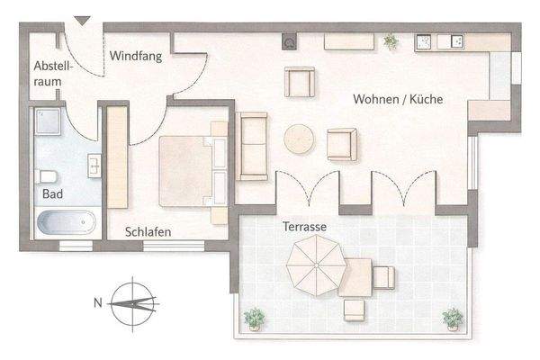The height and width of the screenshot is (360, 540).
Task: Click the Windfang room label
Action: click(x=136, y=56)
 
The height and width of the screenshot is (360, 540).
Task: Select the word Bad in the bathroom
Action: click(x=51, y=193)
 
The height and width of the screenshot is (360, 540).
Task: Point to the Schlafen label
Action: click(x=148, y=231)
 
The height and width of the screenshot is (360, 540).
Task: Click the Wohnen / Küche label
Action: click(x=399, y=101)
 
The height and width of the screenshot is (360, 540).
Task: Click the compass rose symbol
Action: click(x=133, y=302)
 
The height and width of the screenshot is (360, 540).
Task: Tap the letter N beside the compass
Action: click(x=97, y=303)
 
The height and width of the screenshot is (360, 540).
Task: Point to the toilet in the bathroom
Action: click(x=47, y=175)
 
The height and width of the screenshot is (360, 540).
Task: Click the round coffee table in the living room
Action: click(x=299, y=139)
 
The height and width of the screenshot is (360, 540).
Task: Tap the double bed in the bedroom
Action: click(x=192, y=169)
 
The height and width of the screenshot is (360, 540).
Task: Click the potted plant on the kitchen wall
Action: click(x=390, y=40)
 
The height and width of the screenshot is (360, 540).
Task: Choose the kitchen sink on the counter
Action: click(x=423, y=41)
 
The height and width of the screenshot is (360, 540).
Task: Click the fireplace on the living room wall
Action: click(x=290, y=40)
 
